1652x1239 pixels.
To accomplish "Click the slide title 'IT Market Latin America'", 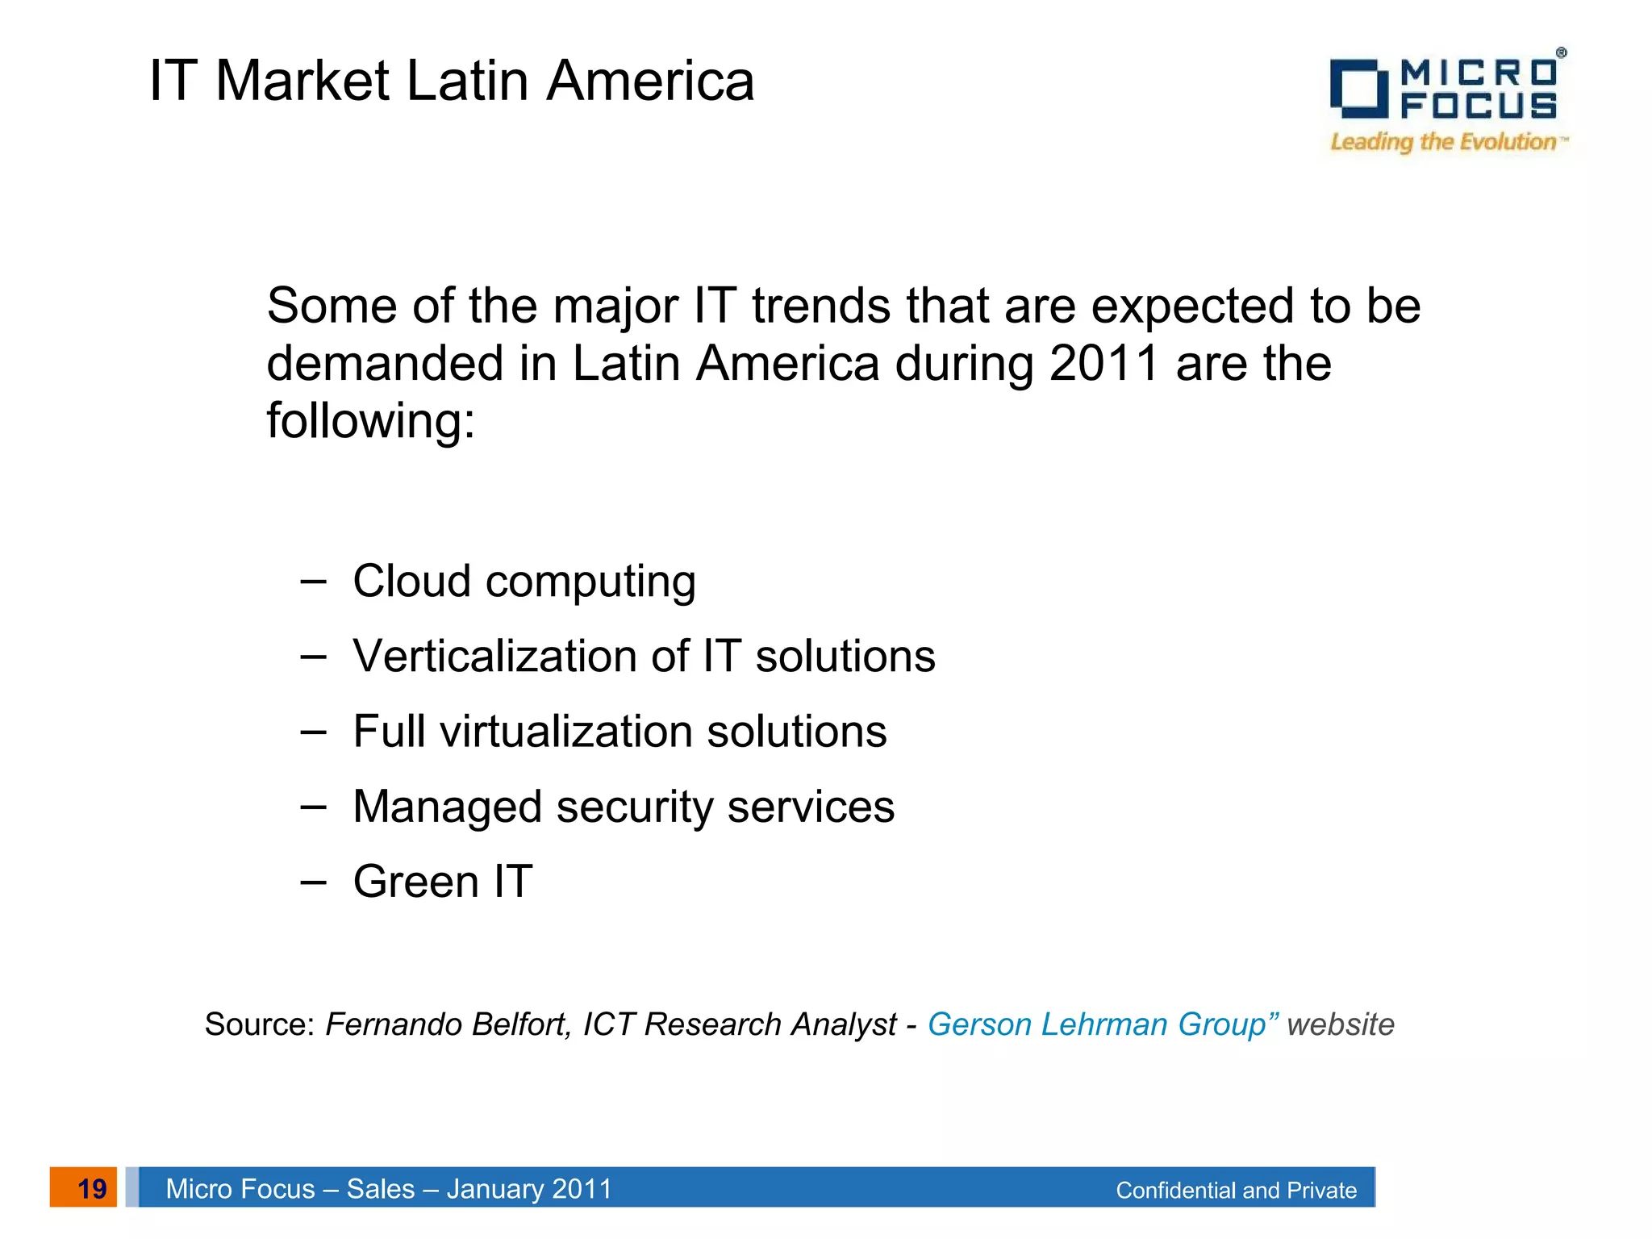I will pos(452,81).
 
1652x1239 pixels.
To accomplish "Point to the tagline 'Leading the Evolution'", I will pos(1444,143).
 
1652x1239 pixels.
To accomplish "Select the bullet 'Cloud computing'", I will pos(524,582).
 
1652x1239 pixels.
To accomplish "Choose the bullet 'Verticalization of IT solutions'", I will pos(644,656).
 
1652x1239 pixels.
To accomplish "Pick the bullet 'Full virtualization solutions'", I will pos(619,732).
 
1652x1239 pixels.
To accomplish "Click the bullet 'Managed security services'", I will pos(624,807).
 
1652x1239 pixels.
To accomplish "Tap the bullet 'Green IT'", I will pos(443,881).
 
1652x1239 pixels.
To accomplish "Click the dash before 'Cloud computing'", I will pos(313,582).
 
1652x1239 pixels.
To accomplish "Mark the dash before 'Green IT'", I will pos(313,882).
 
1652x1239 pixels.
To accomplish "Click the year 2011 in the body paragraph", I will pos(1104,364).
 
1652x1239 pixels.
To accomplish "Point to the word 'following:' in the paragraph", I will pos(371,421).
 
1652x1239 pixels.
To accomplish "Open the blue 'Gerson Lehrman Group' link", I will pos(1097,1024).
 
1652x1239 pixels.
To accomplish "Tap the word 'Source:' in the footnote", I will pos(259,1024).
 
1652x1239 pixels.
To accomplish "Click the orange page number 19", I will pos(91,1189).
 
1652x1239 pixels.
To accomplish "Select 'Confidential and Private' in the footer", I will pos(1236,1191).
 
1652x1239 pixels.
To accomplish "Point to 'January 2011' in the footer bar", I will pos(529,1189).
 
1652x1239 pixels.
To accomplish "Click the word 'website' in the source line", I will pos(1341,1024).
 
